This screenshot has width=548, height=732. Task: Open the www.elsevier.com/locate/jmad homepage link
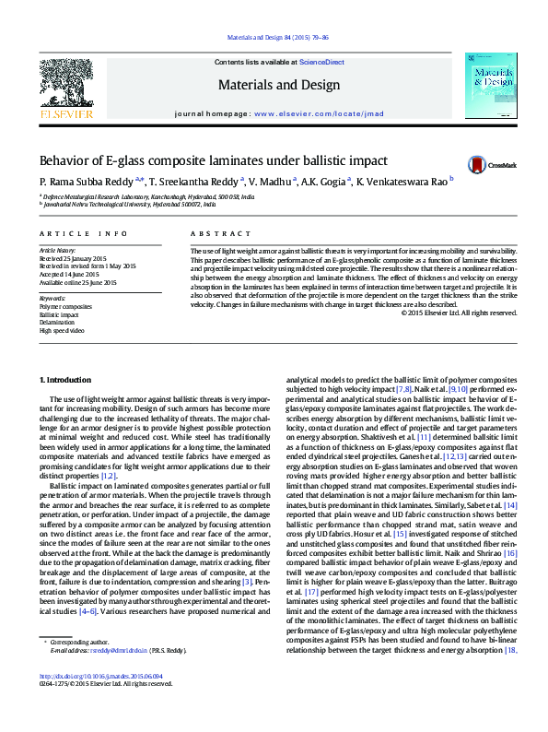pos(308,113)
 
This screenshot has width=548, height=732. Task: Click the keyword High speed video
pos(60,329)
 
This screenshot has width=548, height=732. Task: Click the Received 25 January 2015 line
pos(74,258)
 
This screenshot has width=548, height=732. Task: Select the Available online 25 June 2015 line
pos(79,281)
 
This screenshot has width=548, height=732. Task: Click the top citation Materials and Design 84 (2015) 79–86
pos(274,39)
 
